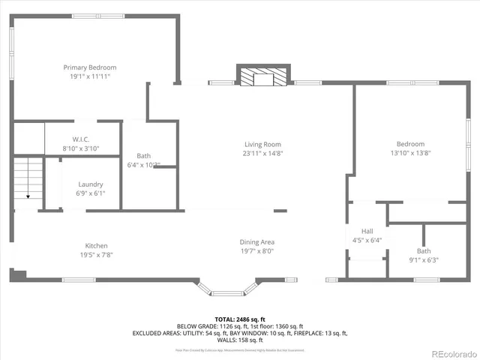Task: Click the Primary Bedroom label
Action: [89, 67]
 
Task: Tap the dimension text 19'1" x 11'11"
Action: [89, 76]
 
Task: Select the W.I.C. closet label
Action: [82, 139]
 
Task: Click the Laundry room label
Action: [90, 184]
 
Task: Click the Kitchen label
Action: [96, 245]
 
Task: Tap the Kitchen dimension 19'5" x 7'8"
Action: [96, 254]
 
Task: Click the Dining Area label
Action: [256, 241]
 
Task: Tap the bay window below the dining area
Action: [228, 288]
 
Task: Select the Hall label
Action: [367, 231]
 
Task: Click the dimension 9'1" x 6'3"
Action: [424, 260]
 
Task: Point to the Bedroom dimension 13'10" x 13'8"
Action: [410, 153]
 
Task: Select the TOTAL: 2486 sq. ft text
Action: [239, 319]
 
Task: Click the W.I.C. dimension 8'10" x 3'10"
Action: [82, 148]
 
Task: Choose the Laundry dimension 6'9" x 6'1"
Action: [90, 193]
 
